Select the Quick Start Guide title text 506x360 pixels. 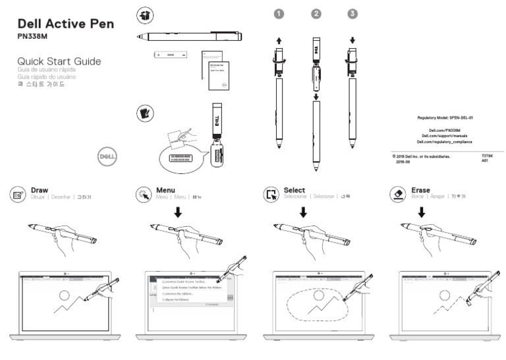pos(59,61)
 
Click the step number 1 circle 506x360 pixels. pos(279,13)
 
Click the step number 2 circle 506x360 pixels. pos(316,13)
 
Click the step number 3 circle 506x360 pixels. pos(353,13)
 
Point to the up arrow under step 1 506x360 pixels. pos(279,40)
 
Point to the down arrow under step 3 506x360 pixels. pos(353,40)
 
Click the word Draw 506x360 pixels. pos(40,190)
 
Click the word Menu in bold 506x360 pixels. pos(165,190)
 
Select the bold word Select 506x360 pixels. pos(294,190)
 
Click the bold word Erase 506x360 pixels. pos(420,190)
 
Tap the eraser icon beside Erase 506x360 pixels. pos(399,194)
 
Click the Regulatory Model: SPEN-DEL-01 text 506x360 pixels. pos(445,117)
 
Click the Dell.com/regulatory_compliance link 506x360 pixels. pos(445,142)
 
